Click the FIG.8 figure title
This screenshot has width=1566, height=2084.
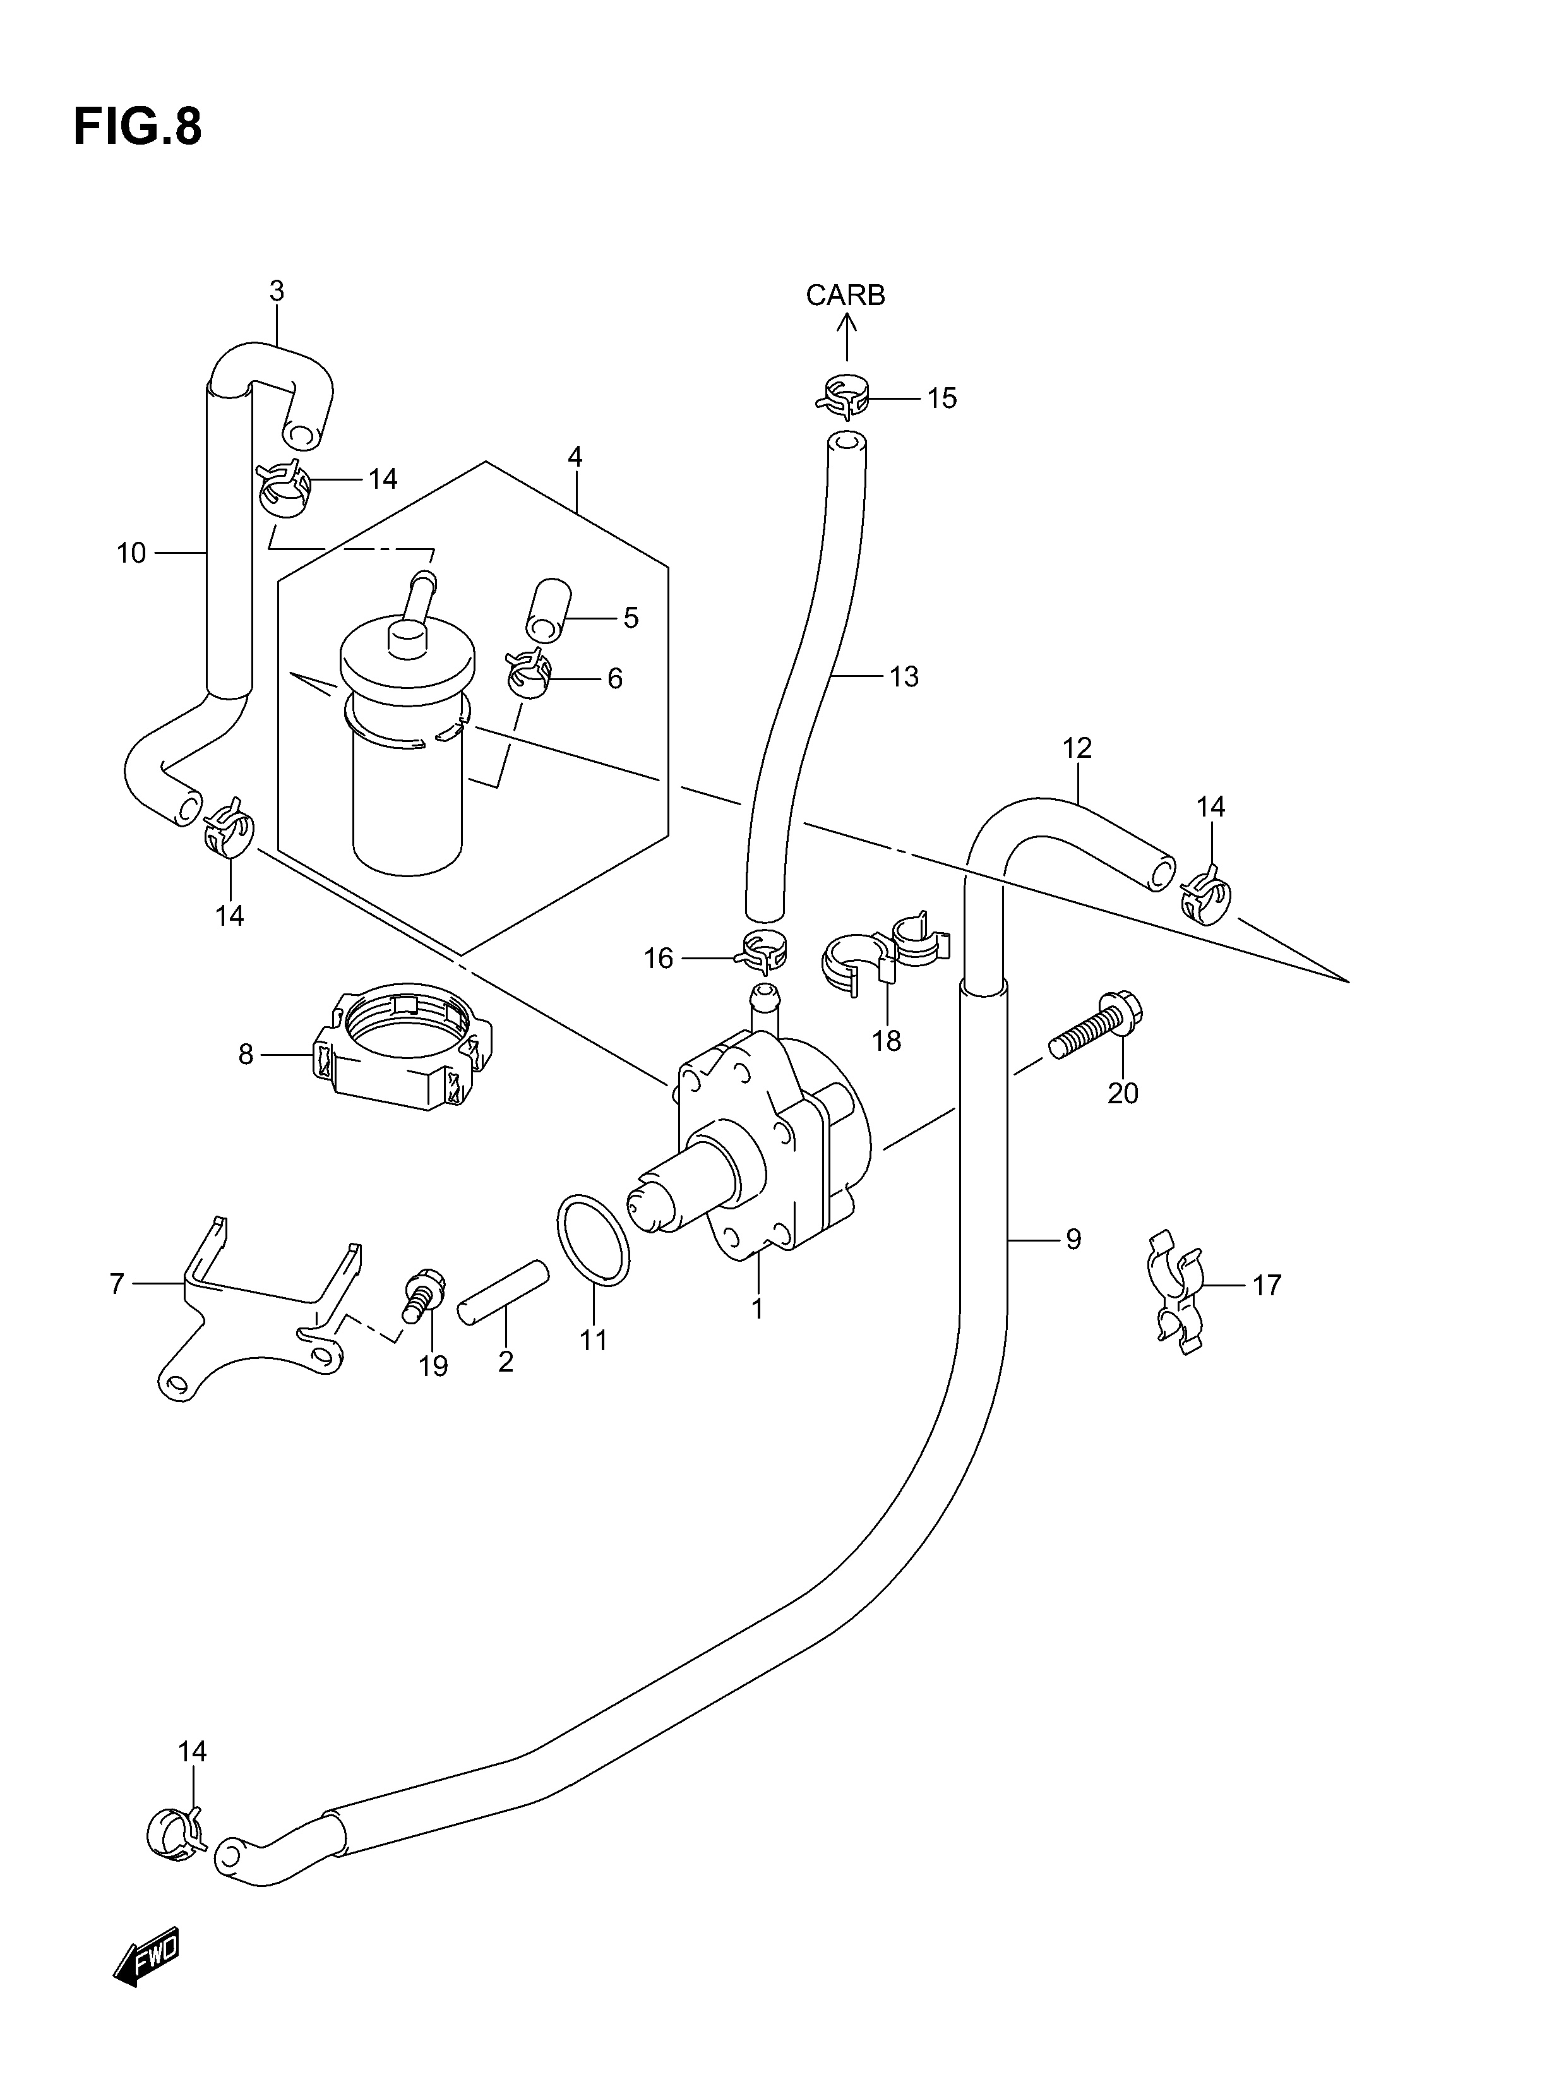pyautogui.click(x=138, y=126)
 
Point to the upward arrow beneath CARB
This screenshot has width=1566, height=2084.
pyautogui.click(x=846, y=337)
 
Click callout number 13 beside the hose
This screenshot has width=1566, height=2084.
pyautogui.click(x=903, y=676)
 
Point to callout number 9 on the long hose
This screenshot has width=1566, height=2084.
pyautogui.click(x=1072, y=1239)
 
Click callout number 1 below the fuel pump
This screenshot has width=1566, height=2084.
pyautogui.click(x=756, y=1308)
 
